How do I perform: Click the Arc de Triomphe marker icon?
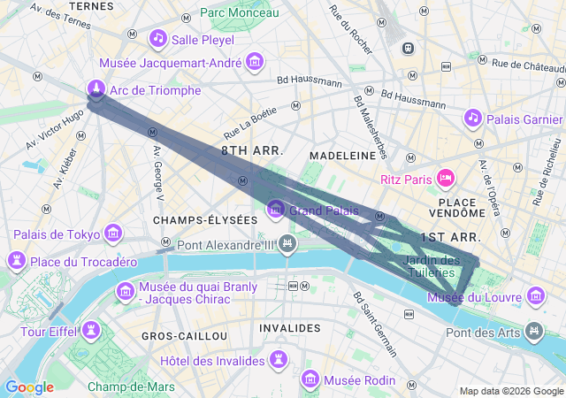click(96, 88)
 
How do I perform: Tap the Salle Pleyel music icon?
click(158, 38)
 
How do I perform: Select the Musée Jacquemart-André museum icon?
click(255, 62)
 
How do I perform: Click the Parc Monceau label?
click(239, 12)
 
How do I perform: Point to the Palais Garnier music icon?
click(472, 118)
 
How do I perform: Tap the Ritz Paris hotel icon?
click(446, 179)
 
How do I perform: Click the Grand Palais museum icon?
click(276, 210)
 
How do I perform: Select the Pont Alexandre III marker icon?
click(287, 242)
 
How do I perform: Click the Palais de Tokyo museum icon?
click(113, 233)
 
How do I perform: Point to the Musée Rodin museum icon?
click(310, 379)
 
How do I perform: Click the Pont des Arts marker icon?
click(534, 332)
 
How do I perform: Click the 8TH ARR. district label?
click(252, 151)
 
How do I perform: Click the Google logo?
click(29, 387)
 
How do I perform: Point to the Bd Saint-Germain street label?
click(375, 324)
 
